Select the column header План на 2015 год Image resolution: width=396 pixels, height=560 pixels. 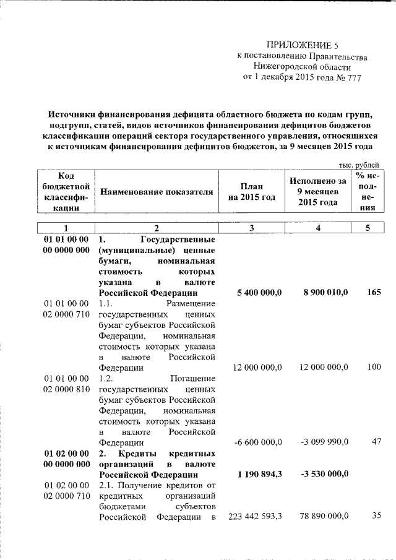[x=251, y=192]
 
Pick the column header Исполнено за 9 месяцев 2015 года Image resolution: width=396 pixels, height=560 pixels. [x=317, y=192]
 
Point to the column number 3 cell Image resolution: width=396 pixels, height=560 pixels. [x=251, y=228]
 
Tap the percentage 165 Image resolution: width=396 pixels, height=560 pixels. [x=373, y=293]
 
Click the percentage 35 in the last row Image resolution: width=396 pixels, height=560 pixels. [x=376, y=516]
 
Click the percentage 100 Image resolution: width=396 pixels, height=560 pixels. [x=373, y=367]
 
